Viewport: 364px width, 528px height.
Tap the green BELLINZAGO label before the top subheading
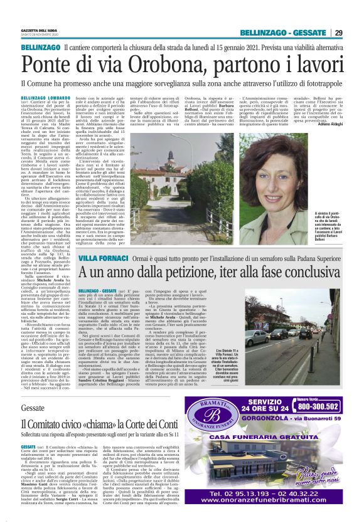click(x=40, y=48)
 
